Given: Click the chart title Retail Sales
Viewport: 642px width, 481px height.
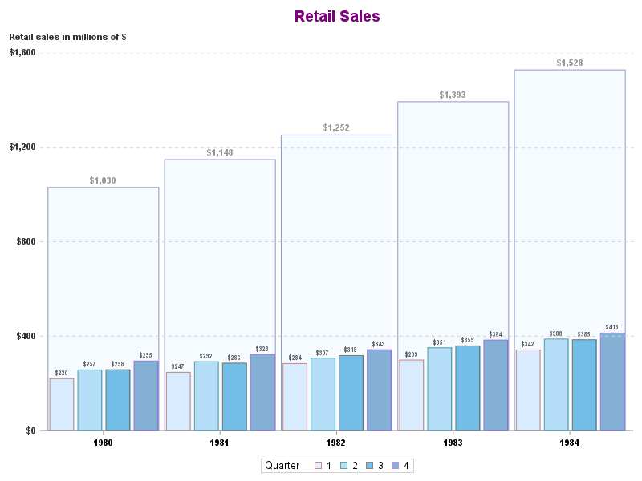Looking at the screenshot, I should point(336,16).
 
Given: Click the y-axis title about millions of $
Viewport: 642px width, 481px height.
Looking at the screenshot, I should point(67,37).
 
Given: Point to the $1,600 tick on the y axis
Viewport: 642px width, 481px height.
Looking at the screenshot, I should point(22,53).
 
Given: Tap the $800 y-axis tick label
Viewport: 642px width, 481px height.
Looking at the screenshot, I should point(27,241).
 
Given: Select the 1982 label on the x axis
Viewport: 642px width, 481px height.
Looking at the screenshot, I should point(336,443).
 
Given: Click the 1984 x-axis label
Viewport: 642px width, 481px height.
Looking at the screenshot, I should point(569,443).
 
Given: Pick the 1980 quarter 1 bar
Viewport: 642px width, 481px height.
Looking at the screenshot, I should point(62,404).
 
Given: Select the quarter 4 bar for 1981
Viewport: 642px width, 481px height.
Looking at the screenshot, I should point(262,392).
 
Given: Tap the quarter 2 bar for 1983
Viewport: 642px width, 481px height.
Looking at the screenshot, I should point(439,389).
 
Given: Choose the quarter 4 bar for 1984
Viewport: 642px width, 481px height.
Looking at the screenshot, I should point(612,382).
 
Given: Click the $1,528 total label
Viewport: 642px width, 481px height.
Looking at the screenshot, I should point(570,63).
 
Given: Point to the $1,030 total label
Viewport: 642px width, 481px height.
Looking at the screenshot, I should point(103,180).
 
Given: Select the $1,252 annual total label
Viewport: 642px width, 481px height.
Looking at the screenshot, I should point(336,127).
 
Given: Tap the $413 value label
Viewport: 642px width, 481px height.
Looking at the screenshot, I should point(612,327).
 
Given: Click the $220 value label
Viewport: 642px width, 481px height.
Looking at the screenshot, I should point(62,373).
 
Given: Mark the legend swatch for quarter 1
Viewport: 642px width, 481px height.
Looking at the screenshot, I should point(318,466).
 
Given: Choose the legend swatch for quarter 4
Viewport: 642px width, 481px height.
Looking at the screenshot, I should point(395,466).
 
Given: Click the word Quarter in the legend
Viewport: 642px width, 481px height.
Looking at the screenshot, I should point(282,466).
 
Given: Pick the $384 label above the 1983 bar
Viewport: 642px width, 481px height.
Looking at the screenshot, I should point(495,334).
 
